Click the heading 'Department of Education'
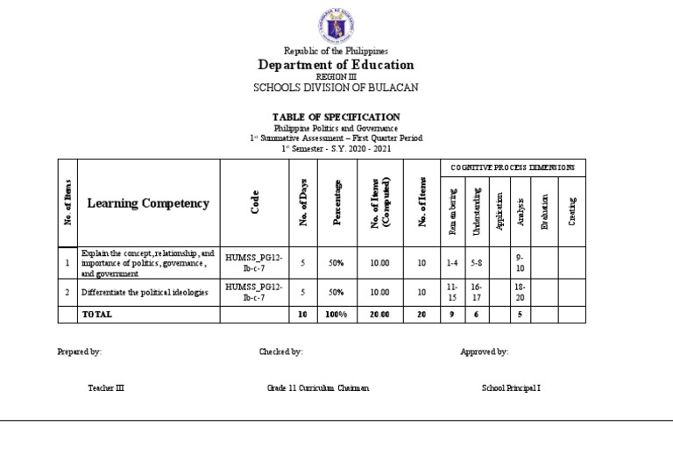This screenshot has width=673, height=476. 336,66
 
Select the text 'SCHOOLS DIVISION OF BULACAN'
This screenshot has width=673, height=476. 336,87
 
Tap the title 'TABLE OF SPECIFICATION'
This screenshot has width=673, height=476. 336,117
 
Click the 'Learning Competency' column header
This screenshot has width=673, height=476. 148,203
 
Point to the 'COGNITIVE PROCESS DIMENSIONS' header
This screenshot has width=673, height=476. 513,167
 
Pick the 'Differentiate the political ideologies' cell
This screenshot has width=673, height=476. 145,292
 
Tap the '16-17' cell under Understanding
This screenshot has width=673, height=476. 477,292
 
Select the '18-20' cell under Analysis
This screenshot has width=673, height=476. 521,292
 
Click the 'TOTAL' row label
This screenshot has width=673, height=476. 97,314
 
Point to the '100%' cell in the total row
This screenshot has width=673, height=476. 336,314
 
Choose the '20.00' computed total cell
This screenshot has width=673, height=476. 379,314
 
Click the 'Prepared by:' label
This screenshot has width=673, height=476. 79,352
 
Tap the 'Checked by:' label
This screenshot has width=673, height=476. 280,352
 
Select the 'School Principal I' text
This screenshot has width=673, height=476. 511,387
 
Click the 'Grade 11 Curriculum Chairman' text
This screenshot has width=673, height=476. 318,387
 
